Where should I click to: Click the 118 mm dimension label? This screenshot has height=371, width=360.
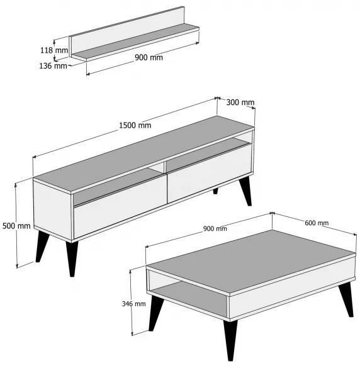[54, 50]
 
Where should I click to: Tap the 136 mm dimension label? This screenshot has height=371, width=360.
[53, 66]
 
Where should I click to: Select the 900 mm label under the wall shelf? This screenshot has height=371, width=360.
[149, 57]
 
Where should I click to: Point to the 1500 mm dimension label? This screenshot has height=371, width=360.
[135, 125]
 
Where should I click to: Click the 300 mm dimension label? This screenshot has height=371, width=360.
[240, 102]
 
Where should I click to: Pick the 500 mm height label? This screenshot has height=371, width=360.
[16, 226]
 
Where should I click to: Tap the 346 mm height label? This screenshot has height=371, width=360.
[134, 304]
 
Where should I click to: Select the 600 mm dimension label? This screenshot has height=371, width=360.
[317, 223]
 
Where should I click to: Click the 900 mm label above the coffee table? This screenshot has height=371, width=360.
[215, 228]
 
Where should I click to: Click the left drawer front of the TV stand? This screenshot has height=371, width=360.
[120, 208]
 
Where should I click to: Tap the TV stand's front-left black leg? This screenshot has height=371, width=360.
[72, 258]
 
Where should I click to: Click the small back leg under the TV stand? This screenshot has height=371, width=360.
[215, 191]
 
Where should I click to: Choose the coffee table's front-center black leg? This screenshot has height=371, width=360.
[230, 340]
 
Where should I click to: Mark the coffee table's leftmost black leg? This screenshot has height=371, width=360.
[155, 313]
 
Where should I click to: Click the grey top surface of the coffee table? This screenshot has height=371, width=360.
[252, 261]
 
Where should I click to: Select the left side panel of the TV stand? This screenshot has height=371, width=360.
[53, 209]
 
